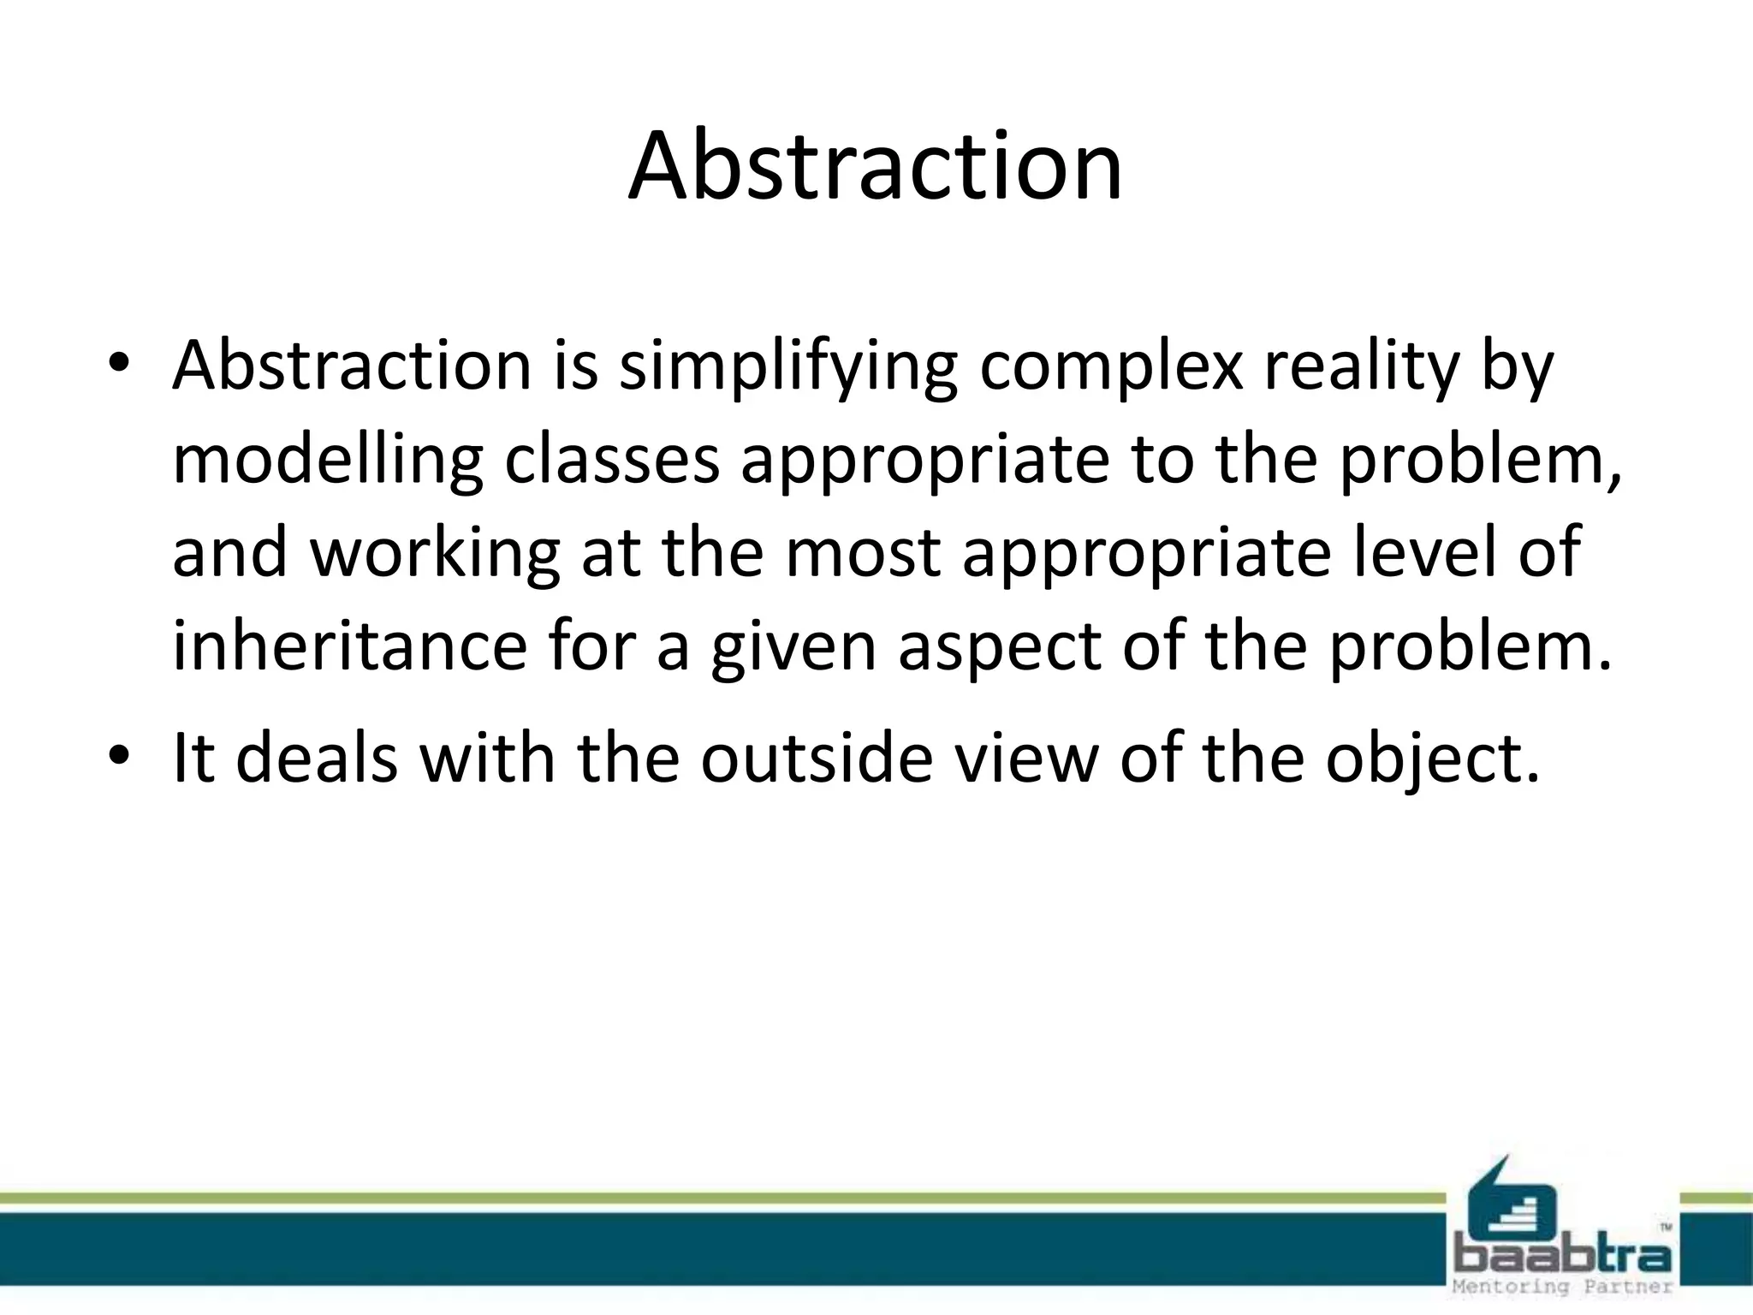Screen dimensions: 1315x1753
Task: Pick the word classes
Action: click(x=612, y=460)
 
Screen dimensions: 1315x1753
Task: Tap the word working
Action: click(x=434, y=555)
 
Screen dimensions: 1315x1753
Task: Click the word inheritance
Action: click(x=349, y=646)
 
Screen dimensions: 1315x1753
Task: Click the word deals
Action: click(x=317, y=758)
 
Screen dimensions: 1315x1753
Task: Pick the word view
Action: click(x=1026, y=758)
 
